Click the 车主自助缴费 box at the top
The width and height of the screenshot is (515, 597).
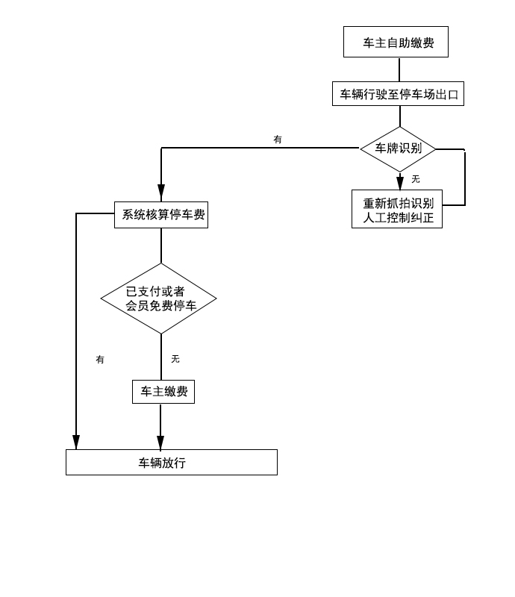(396, 43)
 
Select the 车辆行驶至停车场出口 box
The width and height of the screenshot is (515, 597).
(398, 94)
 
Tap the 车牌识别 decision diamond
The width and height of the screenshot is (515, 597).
(398, 149)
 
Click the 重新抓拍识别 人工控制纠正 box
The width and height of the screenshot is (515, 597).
(397, 210)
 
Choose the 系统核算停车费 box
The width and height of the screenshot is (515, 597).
(161, 215)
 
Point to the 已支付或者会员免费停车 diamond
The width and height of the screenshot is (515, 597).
(159, 298)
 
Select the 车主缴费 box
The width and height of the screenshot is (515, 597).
(163, 392)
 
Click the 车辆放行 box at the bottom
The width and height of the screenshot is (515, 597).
(172, 463)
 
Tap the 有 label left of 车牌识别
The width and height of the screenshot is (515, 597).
(278, 140)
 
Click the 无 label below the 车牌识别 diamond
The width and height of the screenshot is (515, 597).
(416, 179)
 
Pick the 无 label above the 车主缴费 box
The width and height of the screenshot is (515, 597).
(175, 359)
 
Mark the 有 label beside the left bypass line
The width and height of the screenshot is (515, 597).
(100, 360)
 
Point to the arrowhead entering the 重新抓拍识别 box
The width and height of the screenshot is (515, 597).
(400, 183)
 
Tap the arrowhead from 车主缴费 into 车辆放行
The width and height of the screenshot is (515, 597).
(160, 442)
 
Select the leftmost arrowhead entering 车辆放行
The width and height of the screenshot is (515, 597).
(76, 442)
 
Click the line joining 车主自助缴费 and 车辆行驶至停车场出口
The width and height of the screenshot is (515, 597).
(399, 69)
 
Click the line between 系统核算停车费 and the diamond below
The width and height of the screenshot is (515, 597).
(161, 245)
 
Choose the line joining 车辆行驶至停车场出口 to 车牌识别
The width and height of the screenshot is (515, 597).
(399, 116)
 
